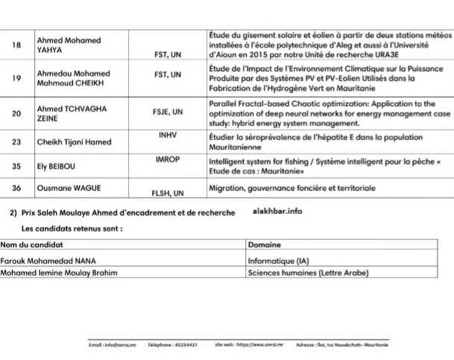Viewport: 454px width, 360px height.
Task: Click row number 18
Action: pyautogui.click(x=17, y=45)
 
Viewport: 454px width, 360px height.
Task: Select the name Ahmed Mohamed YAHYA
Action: pyautogui.click(x=69, y=45)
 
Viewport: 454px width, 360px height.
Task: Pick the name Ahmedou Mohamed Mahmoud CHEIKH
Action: pyautogui.click(x=74, y=78)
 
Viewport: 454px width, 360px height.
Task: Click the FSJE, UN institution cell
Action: pyautogui.click(x=168, y=113)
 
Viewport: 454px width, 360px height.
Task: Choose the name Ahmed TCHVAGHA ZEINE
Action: pyautogui.click(x=72, y=113)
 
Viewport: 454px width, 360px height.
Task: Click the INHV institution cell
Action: pyautogui.click(x=168, y=136)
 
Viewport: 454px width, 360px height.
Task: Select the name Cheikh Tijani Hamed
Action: pyautogui.click(x=75, y=142)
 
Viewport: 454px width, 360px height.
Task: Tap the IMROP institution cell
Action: pyautogui.click(x=168, y=160)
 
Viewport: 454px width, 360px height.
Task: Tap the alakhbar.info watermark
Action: pyautogui.click(x=278, y=212)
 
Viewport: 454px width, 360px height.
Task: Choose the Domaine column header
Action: pyautogui.click(x=265, y=244)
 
